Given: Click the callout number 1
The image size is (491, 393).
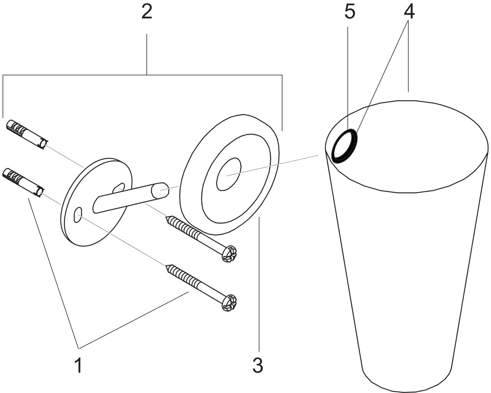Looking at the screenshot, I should pos(78,365).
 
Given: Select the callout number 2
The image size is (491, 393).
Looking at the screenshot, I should pos(146,13).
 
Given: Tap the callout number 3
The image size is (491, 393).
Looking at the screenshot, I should pos(258,365).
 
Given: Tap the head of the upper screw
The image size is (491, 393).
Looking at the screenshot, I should pos(230,254).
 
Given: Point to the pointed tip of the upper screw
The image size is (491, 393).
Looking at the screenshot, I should pos(166,218).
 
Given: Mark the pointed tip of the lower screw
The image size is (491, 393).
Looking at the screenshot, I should pos(166,266).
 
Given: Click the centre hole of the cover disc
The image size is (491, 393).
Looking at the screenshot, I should pos(229,175).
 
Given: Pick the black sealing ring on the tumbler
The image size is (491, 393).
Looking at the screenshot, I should pos(344,146).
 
